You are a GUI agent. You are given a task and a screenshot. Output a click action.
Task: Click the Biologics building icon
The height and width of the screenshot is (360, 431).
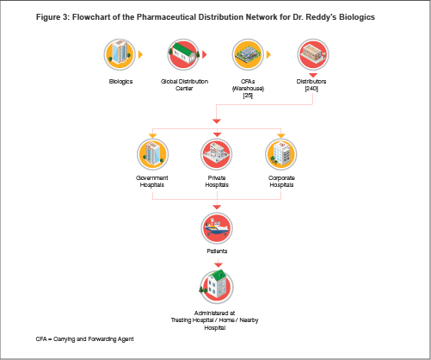click(x=120, y=54)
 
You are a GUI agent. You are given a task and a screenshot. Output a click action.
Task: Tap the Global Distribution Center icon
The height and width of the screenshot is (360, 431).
click(x=183, y=54)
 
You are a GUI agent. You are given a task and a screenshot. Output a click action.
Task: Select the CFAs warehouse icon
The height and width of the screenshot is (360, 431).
click(x=248, y=54)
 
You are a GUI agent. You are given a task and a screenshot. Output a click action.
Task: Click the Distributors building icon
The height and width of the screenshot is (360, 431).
click(x=313, y=54)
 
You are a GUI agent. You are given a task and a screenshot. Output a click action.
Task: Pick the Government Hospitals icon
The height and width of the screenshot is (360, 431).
click(x=152, y=154)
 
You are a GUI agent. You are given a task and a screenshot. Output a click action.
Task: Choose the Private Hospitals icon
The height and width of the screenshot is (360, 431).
click(x=217, y=154)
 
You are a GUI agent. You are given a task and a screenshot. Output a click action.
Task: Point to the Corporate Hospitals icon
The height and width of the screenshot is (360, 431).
click(x=281, y=154)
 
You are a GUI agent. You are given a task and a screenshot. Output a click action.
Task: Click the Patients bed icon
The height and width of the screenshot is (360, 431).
click(x=217, y=228)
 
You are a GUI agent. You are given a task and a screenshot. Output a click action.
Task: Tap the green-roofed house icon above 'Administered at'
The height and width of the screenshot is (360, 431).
click(x=217, y=287)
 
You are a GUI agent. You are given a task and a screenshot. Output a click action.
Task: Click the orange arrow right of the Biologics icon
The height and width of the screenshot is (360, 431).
click(x=140, y=54)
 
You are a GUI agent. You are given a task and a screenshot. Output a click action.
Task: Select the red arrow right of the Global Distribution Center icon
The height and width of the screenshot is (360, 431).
click(x=205, y=54)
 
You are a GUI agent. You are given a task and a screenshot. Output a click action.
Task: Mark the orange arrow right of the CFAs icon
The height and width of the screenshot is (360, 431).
click(x=268, y=54)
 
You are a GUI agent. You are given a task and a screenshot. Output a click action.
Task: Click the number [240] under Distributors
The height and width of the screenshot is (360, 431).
click(x=311, y=89)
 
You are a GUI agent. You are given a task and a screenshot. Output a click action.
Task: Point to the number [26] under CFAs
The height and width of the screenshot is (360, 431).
click(x=248, y=96)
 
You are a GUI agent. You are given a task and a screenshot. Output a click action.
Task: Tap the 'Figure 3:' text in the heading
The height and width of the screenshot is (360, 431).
click(x=52, y=17)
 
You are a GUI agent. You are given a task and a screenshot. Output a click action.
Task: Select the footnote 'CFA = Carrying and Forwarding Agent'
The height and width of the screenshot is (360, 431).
click(x=84, y=339)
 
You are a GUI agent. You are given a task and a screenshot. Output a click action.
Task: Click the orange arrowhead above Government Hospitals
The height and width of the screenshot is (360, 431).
click(x=152, y=135)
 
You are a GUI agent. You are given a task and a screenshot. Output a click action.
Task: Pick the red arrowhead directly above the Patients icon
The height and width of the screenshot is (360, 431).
click(x=217, y=207)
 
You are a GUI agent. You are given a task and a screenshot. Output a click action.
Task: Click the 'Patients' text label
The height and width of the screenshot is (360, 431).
click(x=217, y=251)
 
